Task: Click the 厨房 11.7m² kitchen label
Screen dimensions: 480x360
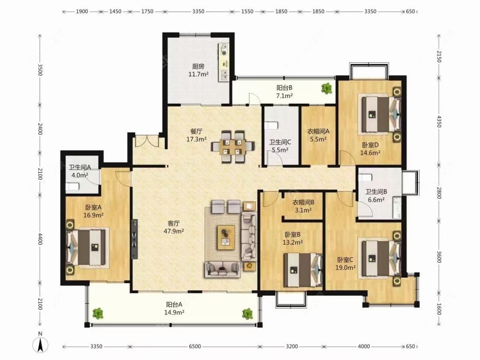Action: tap(198, 70)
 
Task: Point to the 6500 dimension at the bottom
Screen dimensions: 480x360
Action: tap(195, 346)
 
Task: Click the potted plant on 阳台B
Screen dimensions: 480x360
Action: tap(327, 88)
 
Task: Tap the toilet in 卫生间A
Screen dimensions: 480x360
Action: tap(72, 186)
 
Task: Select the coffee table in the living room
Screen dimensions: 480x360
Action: tap(226, 237)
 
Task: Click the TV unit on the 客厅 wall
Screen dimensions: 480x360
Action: tap(134, 235)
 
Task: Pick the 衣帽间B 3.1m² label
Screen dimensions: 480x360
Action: tap(303, 206)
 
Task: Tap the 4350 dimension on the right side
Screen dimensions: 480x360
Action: tap(439, 122)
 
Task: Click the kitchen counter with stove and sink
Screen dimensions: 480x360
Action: tap(224, 62)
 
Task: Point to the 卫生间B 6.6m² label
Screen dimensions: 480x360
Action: tap(376, 196)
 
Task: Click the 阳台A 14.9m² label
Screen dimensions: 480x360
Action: tap(174, 308)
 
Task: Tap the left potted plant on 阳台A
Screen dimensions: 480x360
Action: tap(98, 314)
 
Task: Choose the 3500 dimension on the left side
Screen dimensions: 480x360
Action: tap(40, 70)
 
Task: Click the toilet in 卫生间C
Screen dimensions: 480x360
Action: tap(271, 125)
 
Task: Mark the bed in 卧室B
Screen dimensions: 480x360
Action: tap(303, 270)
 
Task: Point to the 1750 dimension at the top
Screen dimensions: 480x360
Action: tap(147, 12)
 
